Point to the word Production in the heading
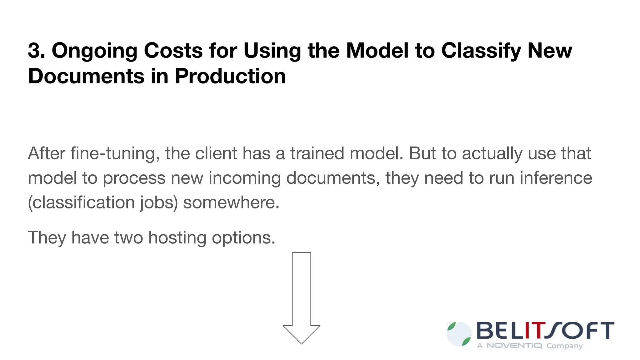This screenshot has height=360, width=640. [230, 76]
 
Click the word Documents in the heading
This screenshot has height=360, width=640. [86, 76]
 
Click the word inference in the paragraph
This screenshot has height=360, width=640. [556, 178]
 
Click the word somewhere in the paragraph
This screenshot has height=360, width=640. [231, 202]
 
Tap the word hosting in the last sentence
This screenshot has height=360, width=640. [177, 238]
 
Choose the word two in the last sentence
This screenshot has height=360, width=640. [128, 238]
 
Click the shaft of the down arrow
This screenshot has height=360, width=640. [301, 287]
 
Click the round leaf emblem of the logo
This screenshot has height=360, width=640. [459, 334]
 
